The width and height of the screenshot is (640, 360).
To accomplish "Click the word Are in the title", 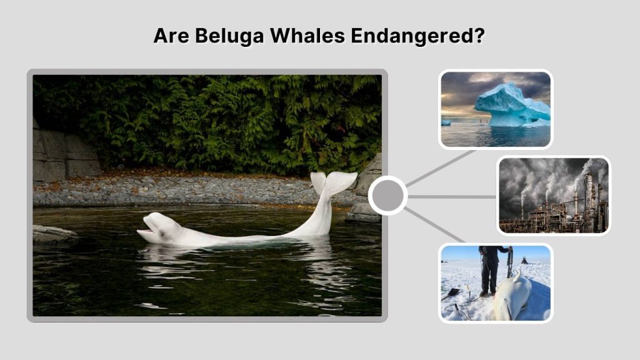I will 171,36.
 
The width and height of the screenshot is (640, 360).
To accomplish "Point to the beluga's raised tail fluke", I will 334,183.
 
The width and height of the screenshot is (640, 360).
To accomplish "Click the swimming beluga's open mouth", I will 144,234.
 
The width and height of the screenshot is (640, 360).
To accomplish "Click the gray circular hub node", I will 387,196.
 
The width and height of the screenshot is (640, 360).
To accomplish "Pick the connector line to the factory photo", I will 451,196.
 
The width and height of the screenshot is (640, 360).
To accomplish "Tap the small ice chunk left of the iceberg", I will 446,122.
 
